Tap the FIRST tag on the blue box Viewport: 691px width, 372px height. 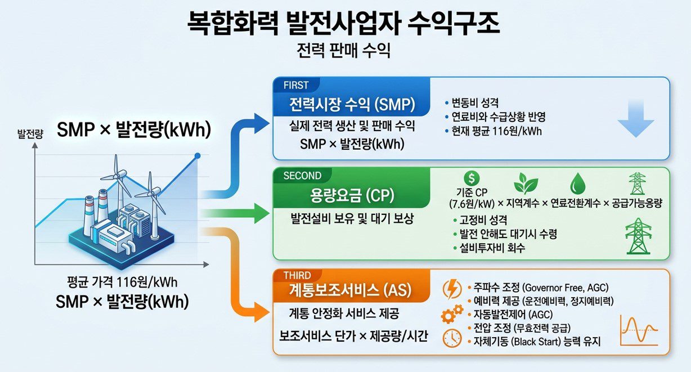(296, 85)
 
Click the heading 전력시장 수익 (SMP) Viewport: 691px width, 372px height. (352, 105)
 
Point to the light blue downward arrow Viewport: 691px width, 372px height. (635, 120)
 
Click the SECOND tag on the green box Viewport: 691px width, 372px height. (302, 176)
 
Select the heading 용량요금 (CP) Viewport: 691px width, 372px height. (352, 195)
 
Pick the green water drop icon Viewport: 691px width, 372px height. (578, 183)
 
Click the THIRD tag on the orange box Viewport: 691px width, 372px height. (297, 276)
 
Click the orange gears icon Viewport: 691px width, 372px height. (451, 315)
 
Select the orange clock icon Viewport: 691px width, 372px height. (452, 338)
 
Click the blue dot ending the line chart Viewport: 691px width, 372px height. (197, 155)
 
